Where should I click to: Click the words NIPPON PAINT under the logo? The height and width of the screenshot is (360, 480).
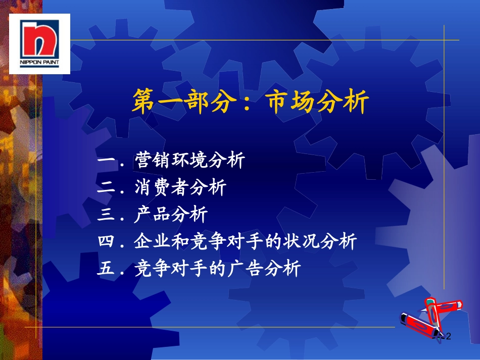(39, 63)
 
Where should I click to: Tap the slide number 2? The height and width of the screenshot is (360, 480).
(449, 336)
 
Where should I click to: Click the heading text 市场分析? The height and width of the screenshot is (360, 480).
(317, 101)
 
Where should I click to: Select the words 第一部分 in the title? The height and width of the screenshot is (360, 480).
(185, 101)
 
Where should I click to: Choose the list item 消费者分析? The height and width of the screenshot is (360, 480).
(180, 187)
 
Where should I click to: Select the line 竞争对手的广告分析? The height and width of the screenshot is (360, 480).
(218, 268)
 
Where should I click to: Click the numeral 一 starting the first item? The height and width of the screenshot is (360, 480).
(106, 160)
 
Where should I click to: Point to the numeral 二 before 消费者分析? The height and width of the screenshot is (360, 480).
(106, 187)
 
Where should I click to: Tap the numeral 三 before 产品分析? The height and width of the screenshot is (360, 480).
(106, 214)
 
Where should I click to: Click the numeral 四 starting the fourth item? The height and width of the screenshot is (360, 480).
(106, 241)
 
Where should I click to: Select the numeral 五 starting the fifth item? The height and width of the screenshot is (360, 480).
(106, 268)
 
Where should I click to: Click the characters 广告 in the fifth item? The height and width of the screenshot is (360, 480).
(245, 268)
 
